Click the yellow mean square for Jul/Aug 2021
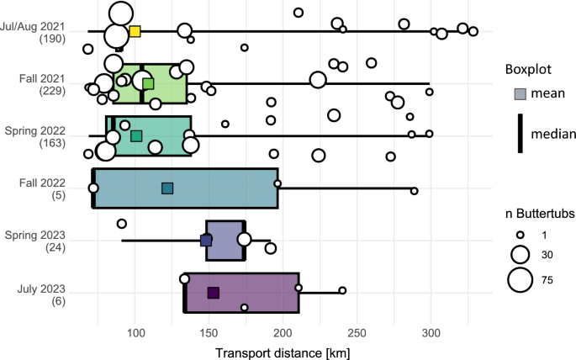click(x=135, y=32)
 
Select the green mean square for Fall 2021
click(x=148, y=83)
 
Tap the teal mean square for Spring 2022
click(x=136, y=135)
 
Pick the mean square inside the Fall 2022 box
click(x=167, y=188)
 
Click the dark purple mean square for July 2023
click(x=214, y=293)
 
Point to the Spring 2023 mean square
click(x=207, y=240)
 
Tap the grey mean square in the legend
click(x=521, y=93)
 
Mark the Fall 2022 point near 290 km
click(x=415, y=192)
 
